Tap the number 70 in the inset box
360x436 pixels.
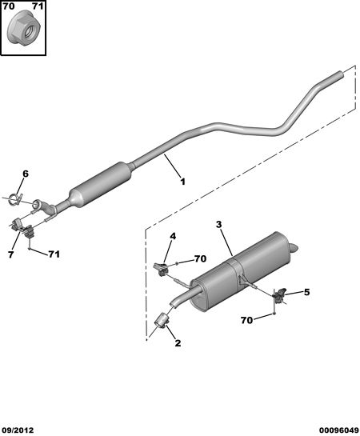coord(9,6)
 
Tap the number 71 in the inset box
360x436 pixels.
coord(38,6)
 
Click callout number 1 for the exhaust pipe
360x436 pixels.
coord(182,182)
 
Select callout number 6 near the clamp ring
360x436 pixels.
coord(26,174)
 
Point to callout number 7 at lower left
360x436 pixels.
coord(10,254)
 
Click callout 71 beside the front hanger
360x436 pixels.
coord(54,254)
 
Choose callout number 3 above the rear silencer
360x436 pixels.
coord(219,224)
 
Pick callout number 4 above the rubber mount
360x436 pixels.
coord(173,236)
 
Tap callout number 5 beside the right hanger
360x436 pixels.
coord(306,292)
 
